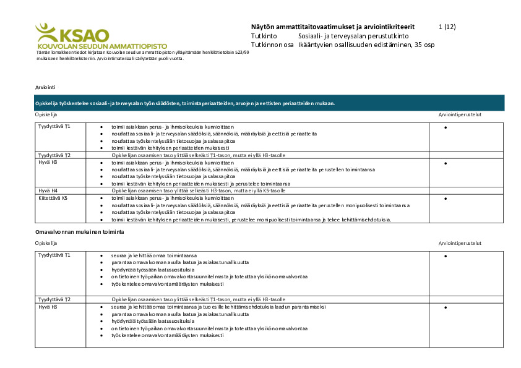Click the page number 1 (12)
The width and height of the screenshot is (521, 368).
(447, 27)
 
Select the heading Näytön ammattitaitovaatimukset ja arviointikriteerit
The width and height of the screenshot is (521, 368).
(333, 27)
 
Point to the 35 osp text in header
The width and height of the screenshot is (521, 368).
(424, 45)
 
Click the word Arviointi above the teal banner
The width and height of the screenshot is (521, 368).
(45, 88)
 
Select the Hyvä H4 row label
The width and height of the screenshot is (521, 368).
(48, 190)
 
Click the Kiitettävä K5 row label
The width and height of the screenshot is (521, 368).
(53, 199)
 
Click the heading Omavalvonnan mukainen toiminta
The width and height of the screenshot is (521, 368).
(79, 231)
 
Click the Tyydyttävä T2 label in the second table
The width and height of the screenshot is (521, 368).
(54, 299)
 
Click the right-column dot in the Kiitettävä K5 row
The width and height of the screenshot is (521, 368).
(446, 199)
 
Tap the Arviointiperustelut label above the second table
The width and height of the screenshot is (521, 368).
(460, 243)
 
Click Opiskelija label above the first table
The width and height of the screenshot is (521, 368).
(46, 114)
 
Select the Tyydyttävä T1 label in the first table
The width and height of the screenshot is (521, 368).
(54, 126)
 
